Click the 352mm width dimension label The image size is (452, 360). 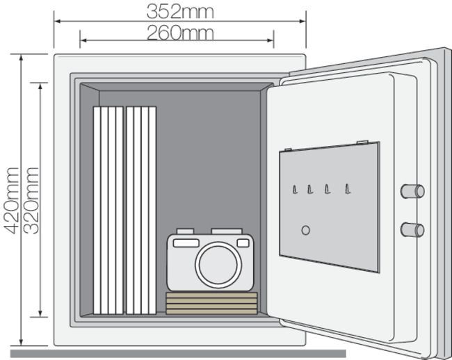[180, 11]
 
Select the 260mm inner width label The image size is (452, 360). [180, 32]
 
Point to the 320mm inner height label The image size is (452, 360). [31, 199]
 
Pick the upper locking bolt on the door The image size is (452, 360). [413, 191]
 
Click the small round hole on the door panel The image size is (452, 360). [305, 230]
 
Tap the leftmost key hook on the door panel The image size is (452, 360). [294, 188]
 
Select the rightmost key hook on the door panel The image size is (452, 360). [348, 188]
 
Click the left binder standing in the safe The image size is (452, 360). [108, 211]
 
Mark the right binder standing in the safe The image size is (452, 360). [140, 211]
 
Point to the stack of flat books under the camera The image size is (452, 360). [211, 303]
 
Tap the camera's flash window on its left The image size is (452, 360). [186, 243]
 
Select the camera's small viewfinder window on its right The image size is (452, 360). [243, 243]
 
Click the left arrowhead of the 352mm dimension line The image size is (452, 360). [56, 22]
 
